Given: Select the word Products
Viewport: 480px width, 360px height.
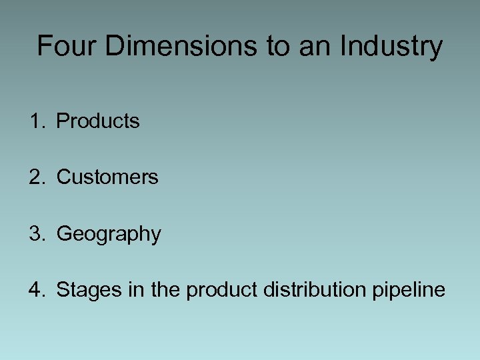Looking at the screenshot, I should (x=98, y=121).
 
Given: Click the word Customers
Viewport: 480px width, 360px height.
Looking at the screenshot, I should (x=107, y=177).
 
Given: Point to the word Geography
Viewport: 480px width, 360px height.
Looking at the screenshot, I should (x=109, y=235).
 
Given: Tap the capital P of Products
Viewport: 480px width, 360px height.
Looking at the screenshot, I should (x=63, y=121).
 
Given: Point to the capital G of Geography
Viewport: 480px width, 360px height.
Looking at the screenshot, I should (x=65, y=234).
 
